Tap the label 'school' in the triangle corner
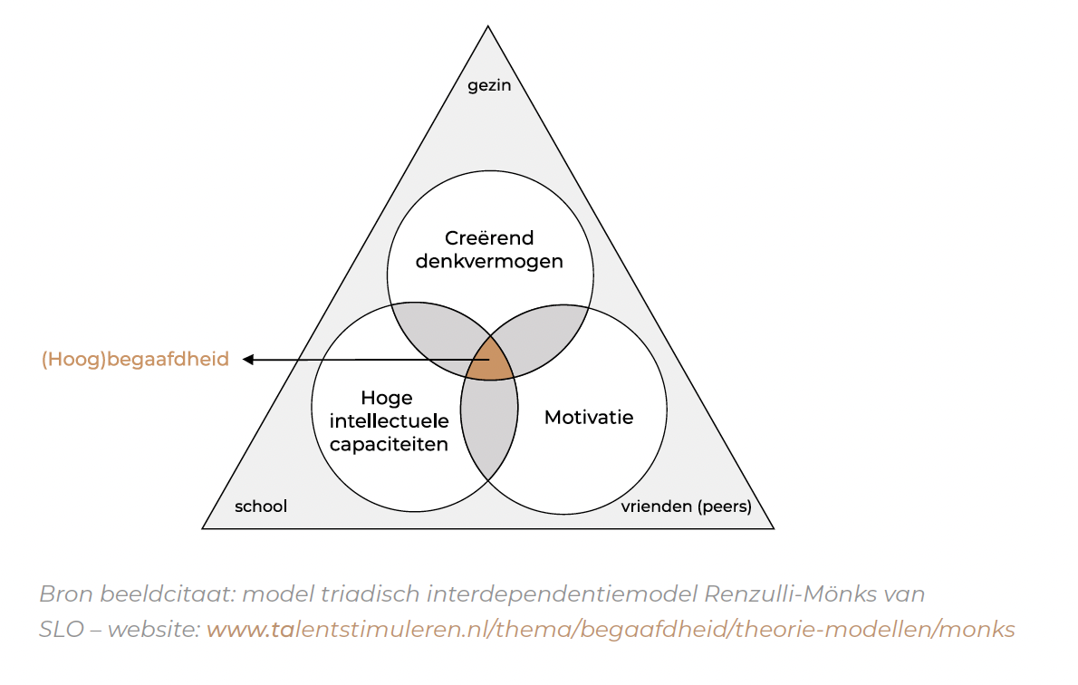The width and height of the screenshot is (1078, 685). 261,507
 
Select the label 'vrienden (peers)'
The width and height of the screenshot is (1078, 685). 686,507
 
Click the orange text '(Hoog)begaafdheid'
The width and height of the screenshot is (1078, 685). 135,360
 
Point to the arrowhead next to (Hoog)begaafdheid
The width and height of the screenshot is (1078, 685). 248,360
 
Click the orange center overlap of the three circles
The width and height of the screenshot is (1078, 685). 490,361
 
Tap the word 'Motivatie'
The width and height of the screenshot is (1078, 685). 589,418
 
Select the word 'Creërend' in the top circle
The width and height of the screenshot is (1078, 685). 489,238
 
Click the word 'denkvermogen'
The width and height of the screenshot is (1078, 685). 489,262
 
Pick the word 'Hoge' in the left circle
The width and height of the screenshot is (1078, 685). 387,398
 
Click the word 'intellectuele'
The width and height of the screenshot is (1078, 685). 389,421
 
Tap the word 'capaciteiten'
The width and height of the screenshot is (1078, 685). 389,444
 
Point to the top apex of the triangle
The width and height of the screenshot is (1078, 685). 488,27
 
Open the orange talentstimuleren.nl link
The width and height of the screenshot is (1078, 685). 611,629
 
